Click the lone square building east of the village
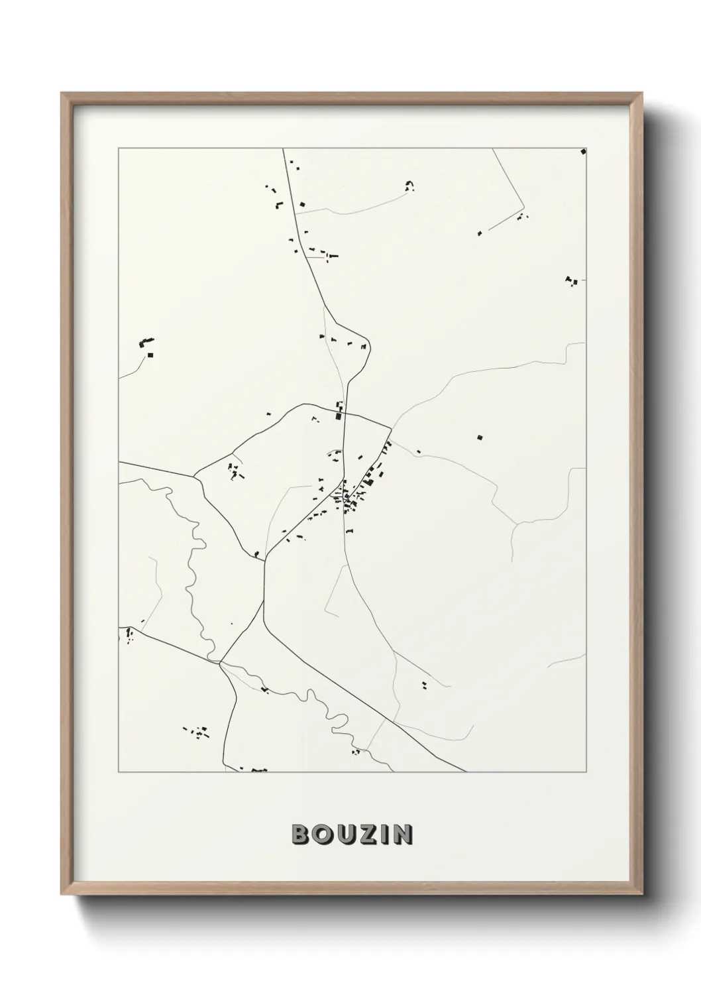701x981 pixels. (x=480, y=437)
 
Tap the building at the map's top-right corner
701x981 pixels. (x=583, y=152)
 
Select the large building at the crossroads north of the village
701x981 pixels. (x=339, y=416)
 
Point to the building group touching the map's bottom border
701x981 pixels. (x=258, y=770)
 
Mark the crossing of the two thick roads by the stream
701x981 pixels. (x=219, y=662)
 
